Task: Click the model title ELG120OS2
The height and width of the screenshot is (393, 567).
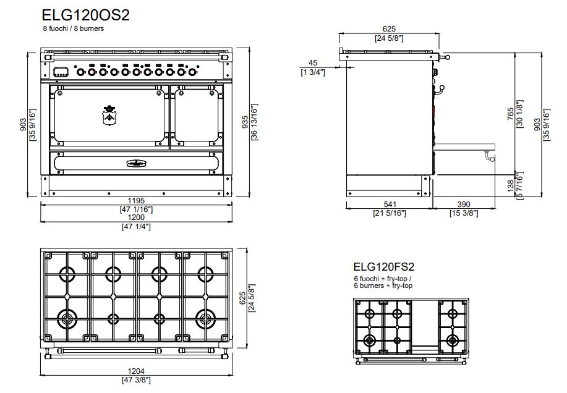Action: click(85, 15)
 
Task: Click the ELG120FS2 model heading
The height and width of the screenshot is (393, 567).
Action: click(383, 266)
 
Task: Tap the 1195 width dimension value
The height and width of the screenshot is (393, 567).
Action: click(136, 200)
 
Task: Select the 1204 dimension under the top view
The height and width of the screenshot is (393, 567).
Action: click(136, 371)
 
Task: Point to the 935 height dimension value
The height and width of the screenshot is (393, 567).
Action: click(245, 122)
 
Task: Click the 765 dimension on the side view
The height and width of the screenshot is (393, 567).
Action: click(511, 114)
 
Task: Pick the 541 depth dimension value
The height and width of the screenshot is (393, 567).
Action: click(390, 205)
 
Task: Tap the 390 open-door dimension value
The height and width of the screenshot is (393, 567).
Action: click(464, 205)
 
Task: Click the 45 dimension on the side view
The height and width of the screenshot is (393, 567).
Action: click(313, 63)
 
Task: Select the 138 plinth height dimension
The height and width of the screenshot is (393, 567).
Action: click(511, 185)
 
